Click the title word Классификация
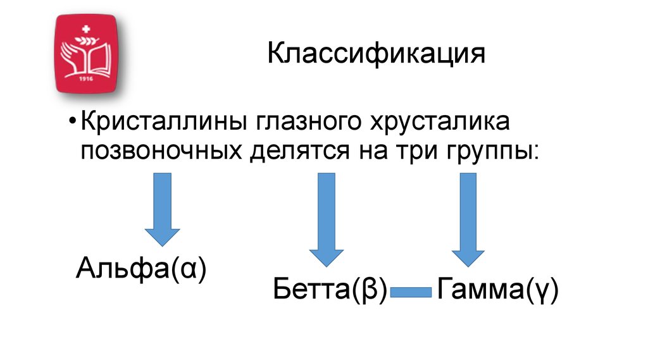click(376, 55)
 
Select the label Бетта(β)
click(330, 291)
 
